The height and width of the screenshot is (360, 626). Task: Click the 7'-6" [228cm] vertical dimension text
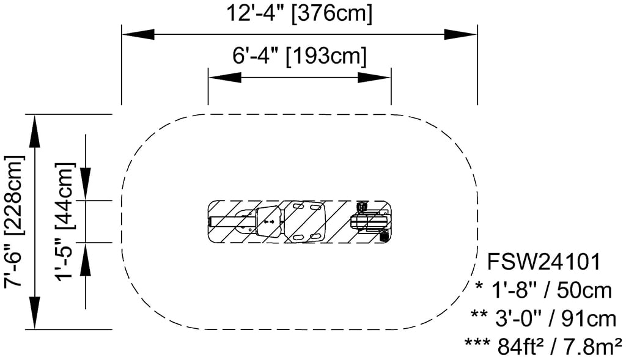[x=15, y=221]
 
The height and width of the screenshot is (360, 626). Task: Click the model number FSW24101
[x=545, y=263]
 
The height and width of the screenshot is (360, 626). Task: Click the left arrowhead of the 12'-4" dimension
[x=138, y=34]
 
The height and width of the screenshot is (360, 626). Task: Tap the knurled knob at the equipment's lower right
[x=383, y=236]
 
